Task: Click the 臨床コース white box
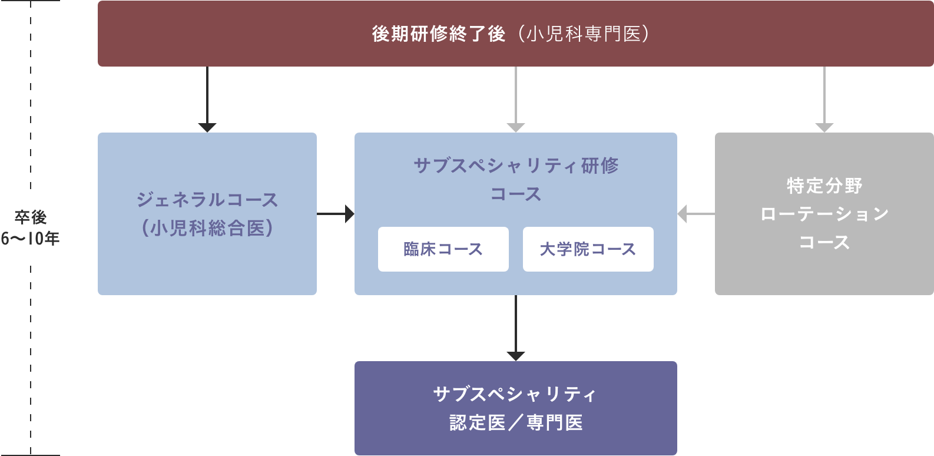point(443,249)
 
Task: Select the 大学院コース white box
point(588,249)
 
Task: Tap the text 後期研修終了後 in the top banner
point(438,34)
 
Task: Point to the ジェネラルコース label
point(207,200)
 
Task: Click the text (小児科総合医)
point(207,228)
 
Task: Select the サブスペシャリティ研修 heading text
point(515,166)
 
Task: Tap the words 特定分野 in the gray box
point(824,186)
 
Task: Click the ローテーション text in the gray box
point(824,214)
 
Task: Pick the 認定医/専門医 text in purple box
point(515,422)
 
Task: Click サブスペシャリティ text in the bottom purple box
point(515,394)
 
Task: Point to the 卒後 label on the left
point(31,217)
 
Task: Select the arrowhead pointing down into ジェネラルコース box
point(207,127)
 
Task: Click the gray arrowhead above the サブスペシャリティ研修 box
point(515,127)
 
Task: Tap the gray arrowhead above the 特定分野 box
point(824,127)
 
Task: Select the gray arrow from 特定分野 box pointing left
point(695,214)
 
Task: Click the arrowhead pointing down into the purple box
point(515,355)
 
